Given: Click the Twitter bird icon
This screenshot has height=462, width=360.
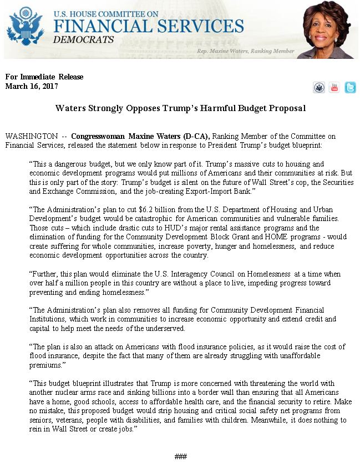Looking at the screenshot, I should [x=350, y=88].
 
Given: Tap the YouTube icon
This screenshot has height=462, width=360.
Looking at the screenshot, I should [x=334, y=88].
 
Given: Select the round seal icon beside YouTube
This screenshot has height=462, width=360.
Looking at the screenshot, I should [x=319, y=88].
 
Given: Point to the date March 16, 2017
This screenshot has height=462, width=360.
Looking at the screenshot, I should [x=32, y=86].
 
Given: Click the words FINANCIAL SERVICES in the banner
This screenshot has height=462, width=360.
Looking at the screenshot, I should [x=149, y=26].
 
